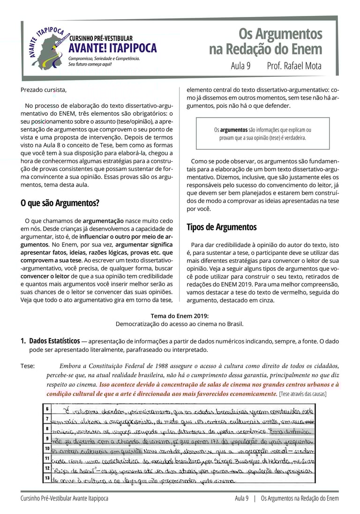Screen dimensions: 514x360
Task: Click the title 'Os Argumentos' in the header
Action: tap(280, 34)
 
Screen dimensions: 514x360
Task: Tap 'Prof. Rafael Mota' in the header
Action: tap(294, 66)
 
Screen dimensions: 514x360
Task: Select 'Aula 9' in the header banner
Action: tap(240, 66)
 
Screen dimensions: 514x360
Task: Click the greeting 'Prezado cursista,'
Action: tap(44, 89)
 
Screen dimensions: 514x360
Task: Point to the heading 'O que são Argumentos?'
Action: tap(60, 203)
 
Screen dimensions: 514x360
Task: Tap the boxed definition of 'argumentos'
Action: tap(262, 134)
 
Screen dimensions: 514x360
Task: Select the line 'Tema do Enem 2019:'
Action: tap(180, 316)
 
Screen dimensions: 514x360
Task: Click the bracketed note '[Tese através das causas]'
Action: tap(302, 394)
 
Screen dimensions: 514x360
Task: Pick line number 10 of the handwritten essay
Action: tap(47, 448)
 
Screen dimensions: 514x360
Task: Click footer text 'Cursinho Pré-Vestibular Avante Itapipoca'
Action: tap(64, 499)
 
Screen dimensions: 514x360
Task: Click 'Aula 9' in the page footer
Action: tap(241, 499)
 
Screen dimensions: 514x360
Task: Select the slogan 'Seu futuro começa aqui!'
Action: tap(90, 64)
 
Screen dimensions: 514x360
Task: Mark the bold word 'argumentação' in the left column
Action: tap(103, 220)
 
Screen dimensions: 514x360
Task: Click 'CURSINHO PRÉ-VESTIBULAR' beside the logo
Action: tap(101, 38)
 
